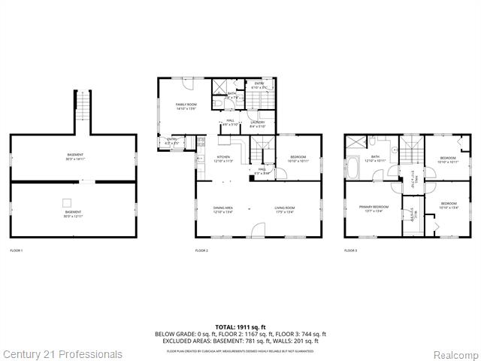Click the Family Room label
click(x=186, y=106)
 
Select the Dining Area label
click(x=223, y=210)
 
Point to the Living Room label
click(x=283, y=210)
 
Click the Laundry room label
click(x=257, y=124)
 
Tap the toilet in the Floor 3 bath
click(x=372, y=141)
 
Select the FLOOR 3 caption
click(x=351, y=250)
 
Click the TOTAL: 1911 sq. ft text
click(x=240, y=327)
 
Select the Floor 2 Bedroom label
click(x=298, y=159)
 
